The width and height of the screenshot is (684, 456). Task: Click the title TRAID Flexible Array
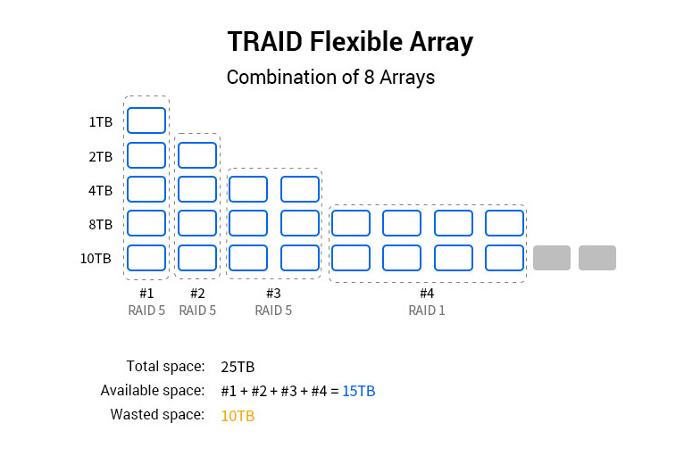[x=350, y=42]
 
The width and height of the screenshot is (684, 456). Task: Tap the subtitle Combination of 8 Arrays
[x=330, y=77]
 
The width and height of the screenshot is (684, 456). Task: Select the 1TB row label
[x=100, y=121]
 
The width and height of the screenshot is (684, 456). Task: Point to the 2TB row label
[x=100, y=156]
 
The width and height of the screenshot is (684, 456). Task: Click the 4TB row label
[x=100, y=190]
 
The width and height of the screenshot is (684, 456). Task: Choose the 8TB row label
[x=100, y=224]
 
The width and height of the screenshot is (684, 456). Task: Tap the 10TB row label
[x=96, y=259]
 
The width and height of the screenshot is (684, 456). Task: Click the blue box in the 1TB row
[x=146, y=120]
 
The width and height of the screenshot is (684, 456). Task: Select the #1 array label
[x=146, y=293]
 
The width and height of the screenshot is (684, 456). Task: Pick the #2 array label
[x=197, y=293]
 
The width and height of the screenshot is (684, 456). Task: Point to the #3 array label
[x=273, y=293]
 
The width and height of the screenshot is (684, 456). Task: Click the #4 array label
[x=427, y=293]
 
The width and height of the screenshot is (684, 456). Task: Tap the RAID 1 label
[x=427, y=311]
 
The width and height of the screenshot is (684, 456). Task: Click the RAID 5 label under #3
[x=273, y=311]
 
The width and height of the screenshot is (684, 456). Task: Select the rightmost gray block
[x=597, y=258]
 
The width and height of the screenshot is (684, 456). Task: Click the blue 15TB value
[x=359, y=391]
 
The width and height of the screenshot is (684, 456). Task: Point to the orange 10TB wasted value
[x=238, y=415]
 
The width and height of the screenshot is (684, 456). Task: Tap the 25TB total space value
[x=238, y=366]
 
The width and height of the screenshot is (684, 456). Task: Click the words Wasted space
[x=157, y=415]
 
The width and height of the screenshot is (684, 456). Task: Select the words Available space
[x=153, y=391]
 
